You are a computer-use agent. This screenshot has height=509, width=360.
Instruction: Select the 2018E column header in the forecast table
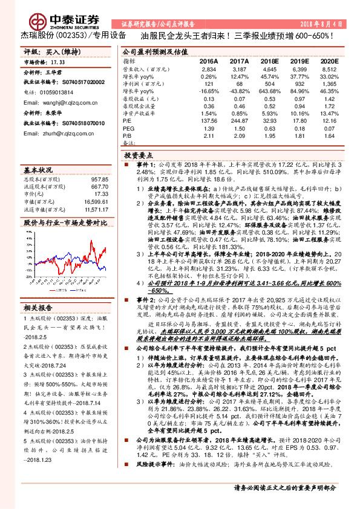tap(270, 62)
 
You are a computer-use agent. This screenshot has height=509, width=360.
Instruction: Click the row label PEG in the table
tap(128, 128)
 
